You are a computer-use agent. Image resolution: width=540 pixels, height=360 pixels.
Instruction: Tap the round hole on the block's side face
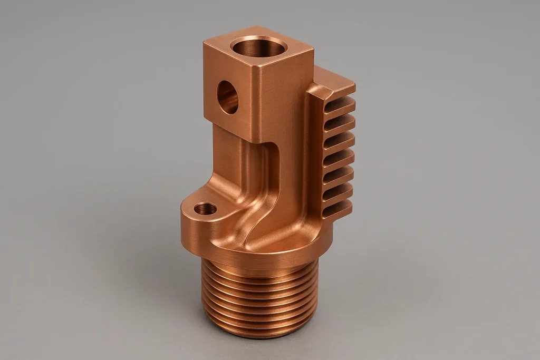(x=227, y=97)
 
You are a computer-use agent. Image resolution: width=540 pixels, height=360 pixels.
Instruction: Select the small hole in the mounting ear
(x=205, y=209)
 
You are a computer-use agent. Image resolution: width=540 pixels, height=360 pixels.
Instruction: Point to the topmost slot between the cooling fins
(x=337, y=105)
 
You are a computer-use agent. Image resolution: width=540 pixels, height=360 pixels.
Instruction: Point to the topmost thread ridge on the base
(x=258, y=274)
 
